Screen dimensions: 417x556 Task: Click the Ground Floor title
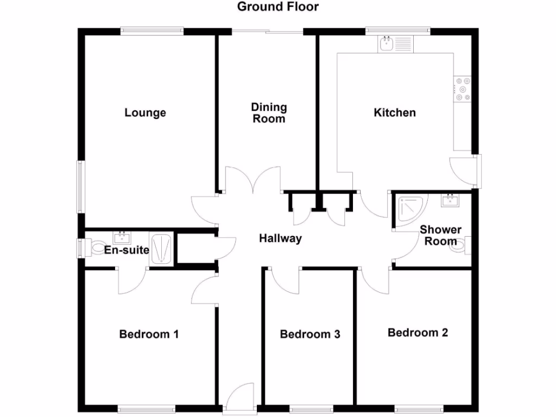tap(278, 7)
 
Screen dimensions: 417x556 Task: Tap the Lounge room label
tap(145, 113)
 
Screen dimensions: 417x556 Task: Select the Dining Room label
tap(269, 113)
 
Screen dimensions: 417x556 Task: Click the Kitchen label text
tap(395, 113)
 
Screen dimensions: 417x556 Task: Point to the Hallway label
tap(280, 238)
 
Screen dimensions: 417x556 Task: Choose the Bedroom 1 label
tap(149, 334)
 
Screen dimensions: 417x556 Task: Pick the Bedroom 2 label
tap(418, 332)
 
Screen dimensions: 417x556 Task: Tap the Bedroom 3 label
tap(309, 334)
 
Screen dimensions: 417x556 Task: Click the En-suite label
tap(126, 250)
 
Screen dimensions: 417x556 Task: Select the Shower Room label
tap(440, 236)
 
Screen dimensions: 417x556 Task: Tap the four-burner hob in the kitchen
tap(464, 89)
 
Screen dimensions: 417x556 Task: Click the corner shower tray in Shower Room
tap(411, 209)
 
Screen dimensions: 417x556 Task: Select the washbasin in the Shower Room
tap(451, 200)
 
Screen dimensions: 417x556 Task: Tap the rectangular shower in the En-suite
tap(162, 250)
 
